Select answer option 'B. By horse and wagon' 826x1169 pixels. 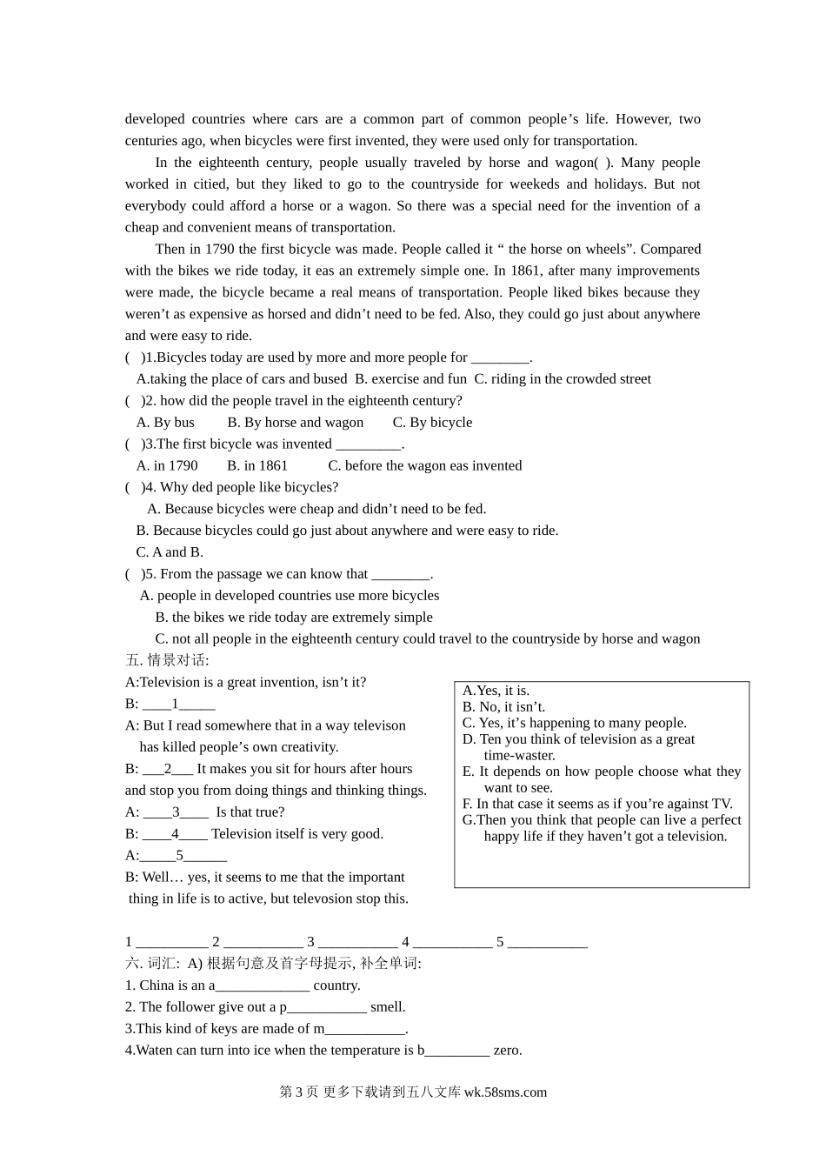coord(296,422)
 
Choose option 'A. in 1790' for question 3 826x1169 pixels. coord(167,465)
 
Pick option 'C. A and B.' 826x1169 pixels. coord(170,551)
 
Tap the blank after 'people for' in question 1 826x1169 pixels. coord(500,357)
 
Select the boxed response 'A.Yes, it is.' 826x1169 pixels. coord(496,691)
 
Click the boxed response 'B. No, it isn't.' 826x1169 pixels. coord(503,706)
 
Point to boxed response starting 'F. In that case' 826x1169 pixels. coord(597,804)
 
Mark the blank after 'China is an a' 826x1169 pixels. coord(263,985)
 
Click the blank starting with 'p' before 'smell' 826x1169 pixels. coord(327,1007)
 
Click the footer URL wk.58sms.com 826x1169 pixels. coord(505,1092)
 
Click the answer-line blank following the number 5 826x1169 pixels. coord(547,942)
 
